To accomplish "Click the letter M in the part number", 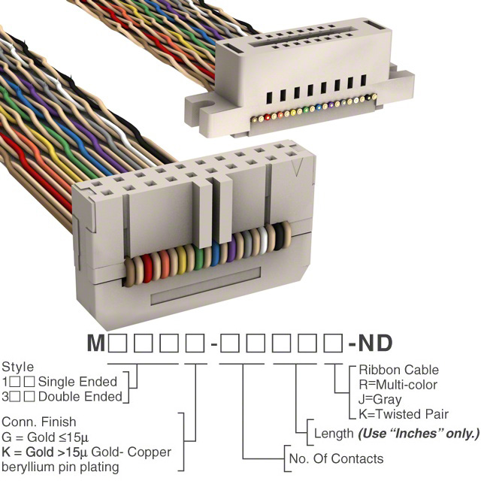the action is point(96,343).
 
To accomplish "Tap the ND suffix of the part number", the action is point(375,343).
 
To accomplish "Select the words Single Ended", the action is point(77,382).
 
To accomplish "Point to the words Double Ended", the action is point(80,397).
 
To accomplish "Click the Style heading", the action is point(18,368).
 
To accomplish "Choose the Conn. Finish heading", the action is point(39,422).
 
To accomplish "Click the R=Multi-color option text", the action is point(398,385).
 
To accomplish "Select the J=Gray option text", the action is point(380,400).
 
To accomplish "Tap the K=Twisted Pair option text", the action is point(404,414).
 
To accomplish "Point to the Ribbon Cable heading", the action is point(399,370).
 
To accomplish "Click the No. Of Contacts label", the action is point(336,459).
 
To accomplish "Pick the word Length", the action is point(334,434).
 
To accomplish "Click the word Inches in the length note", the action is point(419,434).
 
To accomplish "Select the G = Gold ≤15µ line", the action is point(45,437).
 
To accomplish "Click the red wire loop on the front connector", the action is point(147,269).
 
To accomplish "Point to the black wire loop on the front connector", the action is point(279,237).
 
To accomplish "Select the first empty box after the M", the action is point(117,343).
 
